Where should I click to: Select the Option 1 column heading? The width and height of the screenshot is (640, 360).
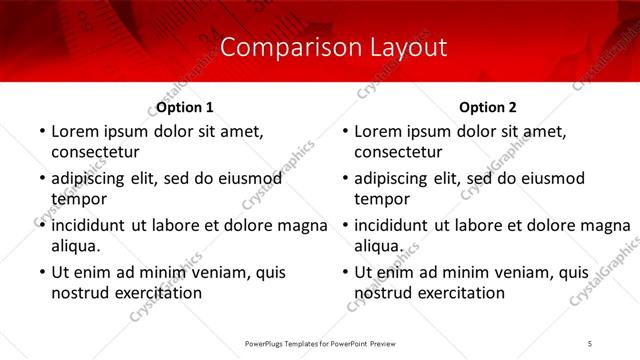tap(184, 106)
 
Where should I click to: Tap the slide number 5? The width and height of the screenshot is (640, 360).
tap(590, 343)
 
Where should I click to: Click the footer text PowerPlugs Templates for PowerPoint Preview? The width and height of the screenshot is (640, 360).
tap(320, 343)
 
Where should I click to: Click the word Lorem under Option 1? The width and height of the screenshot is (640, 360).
tap(75, 131)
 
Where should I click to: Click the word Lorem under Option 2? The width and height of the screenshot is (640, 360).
tap(378, 131)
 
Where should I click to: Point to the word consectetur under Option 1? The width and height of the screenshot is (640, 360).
tap(95, 152)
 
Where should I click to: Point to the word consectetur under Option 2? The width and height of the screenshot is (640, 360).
tap(398, 152)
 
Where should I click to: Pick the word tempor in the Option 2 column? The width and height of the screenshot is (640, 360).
tap(376, 199)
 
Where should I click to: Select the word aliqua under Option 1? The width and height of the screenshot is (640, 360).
tap(75, 245)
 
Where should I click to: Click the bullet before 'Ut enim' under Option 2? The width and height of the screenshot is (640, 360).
tap(345, 272)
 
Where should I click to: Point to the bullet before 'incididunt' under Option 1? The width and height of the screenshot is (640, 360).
tap(41, 225)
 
